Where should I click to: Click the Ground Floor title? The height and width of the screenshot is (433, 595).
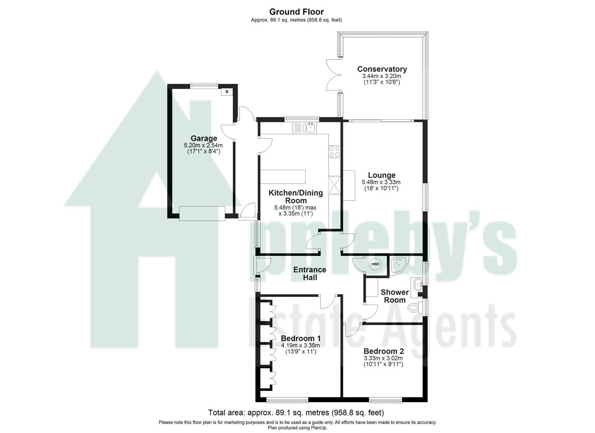point(296,12)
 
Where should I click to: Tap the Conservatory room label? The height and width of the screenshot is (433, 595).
point(382,69)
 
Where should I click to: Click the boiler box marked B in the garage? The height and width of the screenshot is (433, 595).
point(227,91)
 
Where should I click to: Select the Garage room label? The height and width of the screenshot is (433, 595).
point(204,139)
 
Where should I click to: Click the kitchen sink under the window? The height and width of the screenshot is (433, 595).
point(309,128)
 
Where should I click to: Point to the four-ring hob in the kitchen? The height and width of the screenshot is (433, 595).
point(334,151)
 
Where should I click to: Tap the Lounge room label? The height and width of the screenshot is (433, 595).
point(381,175)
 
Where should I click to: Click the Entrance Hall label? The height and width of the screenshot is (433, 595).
point(310,273)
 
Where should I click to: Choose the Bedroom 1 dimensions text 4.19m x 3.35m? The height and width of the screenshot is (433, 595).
point(300,345)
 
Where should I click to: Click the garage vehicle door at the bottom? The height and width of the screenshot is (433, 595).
point(202,213)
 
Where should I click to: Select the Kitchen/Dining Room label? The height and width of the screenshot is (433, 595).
point(295,196)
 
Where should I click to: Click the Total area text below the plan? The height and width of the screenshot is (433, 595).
point(296,412)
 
